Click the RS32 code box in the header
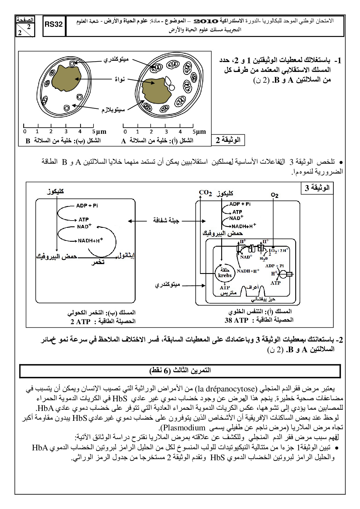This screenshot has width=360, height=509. point(54,25)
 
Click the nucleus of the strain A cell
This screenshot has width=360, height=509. point(155,90)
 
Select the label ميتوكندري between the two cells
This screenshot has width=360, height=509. point(116,59)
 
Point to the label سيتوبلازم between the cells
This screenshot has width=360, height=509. point(113,110)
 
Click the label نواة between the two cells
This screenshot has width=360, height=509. point(120,79)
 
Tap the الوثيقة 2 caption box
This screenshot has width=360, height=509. point(228,140)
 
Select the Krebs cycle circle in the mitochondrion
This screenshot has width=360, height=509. point(225,273)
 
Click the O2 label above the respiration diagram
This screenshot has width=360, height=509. point(274,195)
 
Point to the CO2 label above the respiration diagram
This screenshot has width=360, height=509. point(205,193)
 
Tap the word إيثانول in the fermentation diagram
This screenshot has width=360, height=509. point(126,256)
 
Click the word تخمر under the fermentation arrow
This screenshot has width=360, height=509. point(98,262)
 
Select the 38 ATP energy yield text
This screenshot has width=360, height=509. point(236,320)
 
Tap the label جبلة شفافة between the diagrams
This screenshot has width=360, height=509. point(166,221)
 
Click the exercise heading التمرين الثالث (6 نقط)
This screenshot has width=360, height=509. point(180,371)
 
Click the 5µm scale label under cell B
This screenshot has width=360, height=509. point(100,132)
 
